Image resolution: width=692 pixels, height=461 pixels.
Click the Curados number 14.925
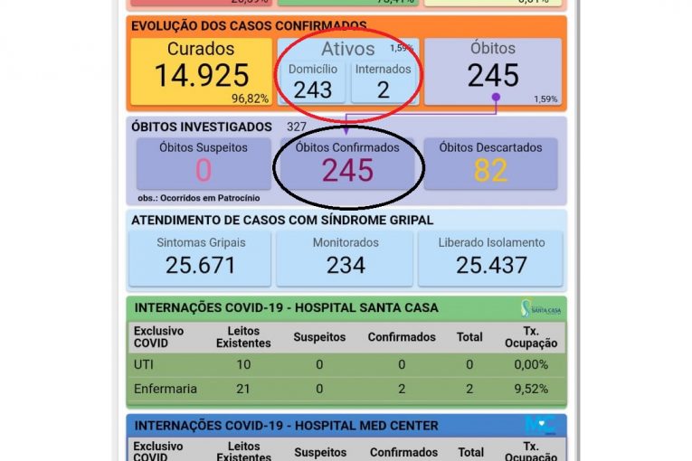(x=201, y=76)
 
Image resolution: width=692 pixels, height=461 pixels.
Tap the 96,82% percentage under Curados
(x=250, y=99)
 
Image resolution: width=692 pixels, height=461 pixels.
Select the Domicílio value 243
(x=313, y=89)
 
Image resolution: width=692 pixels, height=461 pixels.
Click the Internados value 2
(x=383, y=89)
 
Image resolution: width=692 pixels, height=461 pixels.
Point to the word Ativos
(x=347, y=50)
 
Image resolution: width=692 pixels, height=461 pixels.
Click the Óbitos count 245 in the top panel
(x=493, y=76)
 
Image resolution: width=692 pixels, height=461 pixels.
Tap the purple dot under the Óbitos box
(x=495, y=97)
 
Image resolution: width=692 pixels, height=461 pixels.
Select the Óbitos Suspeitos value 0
(x=203, y=170)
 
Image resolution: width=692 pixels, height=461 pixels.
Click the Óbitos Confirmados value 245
(x=347, y=170)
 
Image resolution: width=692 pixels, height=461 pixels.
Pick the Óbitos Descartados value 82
(x=490, y=170)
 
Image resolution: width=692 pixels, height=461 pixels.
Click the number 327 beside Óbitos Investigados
(x=297, y=127)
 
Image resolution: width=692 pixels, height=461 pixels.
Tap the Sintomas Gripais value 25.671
(x=201, y=265)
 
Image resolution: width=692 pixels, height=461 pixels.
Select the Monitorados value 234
(x=346, y=265)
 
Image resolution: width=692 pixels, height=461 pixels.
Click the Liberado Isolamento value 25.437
(x=491, y=265)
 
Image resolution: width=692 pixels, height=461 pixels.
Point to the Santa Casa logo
(x=540, y=308)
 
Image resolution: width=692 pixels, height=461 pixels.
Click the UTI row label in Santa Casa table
(x=145, y=364)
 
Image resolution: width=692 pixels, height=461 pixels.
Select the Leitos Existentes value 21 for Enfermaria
(x=243, y=390)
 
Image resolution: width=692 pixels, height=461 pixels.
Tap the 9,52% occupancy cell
(x=530, y=390)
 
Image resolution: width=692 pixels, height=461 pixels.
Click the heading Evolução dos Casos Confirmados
(x=249, y=26)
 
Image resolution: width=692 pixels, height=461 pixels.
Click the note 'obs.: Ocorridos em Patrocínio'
(x=198, y=197)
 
